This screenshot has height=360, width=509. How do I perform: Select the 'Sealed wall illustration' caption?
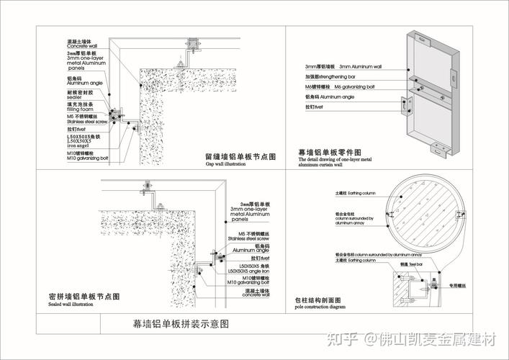71,304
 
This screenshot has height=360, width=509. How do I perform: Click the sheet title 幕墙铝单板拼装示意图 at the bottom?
181,324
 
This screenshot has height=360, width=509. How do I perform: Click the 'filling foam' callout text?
78,109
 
